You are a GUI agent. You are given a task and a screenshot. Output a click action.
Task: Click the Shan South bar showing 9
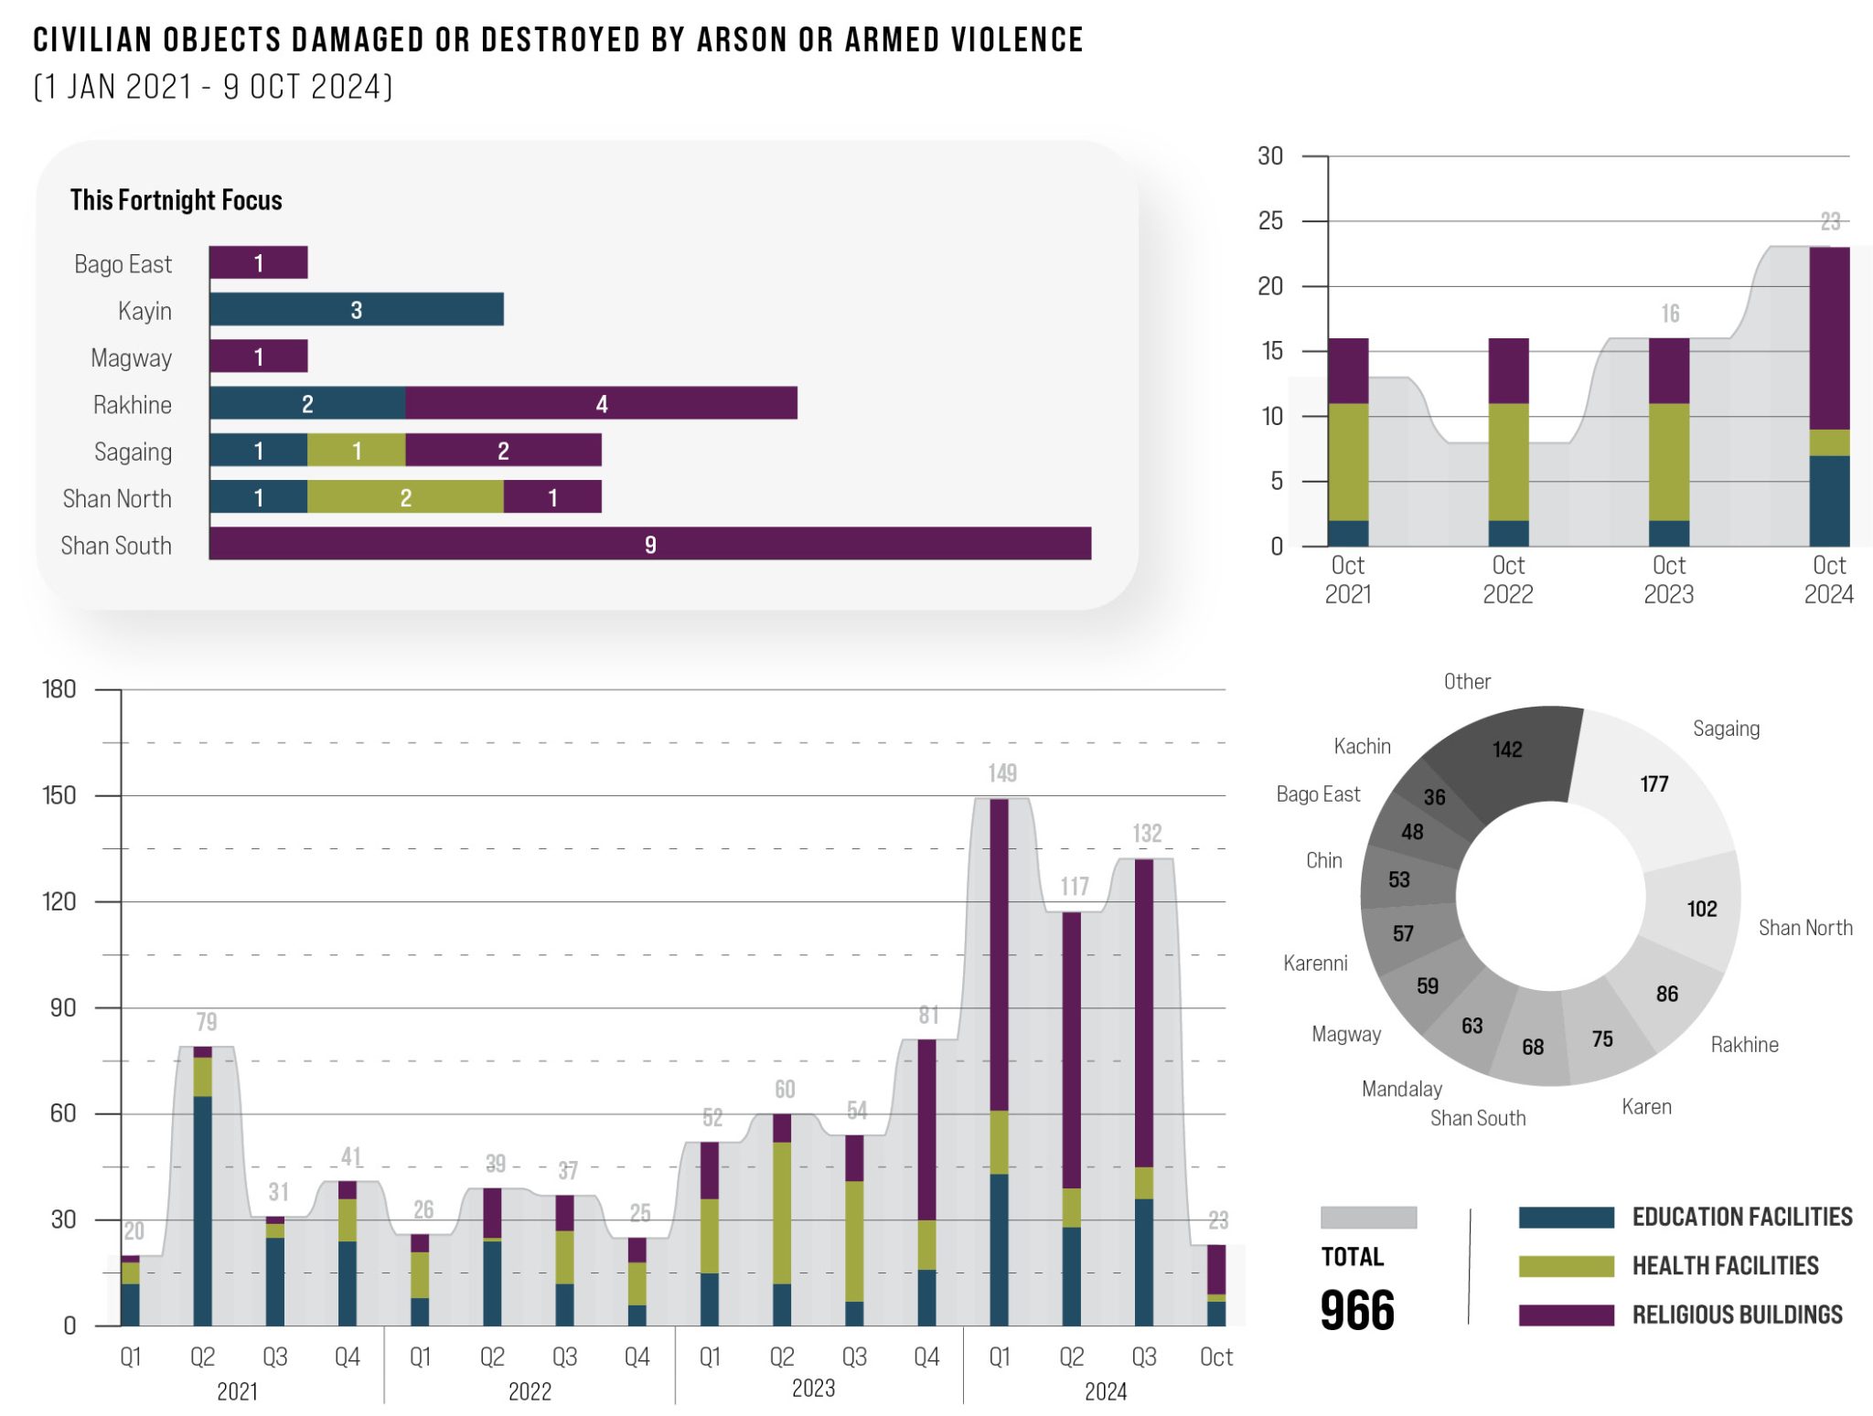(x=649, y=544)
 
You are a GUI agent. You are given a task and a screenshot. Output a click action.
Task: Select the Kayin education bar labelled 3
(x=356, y=310)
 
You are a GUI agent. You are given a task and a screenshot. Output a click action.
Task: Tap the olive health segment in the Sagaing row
(x=356, y=451)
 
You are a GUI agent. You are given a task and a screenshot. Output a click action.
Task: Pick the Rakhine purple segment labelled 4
(x=601, y=404)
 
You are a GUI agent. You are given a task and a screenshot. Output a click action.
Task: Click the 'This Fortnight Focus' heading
(x=176, y=200)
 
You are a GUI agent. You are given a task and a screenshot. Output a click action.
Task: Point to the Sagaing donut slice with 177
(x=1654, y=783)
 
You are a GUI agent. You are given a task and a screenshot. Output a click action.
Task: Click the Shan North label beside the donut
(x=1804, y=928)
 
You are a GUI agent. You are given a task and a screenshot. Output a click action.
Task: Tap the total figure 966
(x=1357, y=1310)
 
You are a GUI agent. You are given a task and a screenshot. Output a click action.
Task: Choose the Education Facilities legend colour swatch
(x=1566, y=1218)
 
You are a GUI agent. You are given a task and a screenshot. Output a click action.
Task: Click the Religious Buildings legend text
(x=1737, y=1315)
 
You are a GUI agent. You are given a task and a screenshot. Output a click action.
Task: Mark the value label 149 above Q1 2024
(x=1001, y=773)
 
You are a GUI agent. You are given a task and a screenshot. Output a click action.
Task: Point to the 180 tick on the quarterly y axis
(x=59, y=689)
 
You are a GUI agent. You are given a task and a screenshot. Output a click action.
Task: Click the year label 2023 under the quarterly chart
(x=813, y=1389)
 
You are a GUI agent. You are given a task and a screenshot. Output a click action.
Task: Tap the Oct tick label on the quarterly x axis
(x=1215, y=1357)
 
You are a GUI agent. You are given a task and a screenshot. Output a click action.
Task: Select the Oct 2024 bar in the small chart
(x=1828, y=397)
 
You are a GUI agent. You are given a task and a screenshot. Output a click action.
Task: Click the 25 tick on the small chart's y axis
(x=1270, y=221)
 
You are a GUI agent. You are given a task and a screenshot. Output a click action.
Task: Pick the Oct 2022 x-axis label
(x=1507, y=580)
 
